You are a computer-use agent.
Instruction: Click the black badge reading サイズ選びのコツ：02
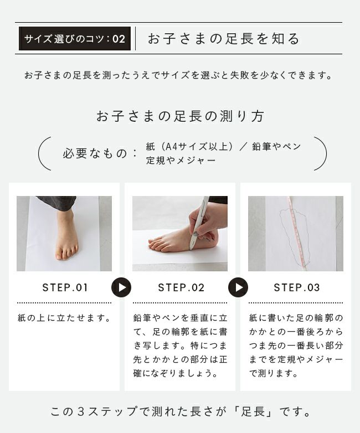75,38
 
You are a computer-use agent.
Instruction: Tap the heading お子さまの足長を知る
224,39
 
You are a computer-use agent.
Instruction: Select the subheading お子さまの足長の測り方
180,116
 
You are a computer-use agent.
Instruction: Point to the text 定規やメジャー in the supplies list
181,160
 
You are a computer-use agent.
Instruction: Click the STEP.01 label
65,288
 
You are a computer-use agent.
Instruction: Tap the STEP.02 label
181,288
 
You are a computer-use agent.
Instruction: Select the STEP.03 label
297,288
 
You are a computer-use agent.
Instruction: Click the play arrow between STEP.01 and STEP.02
121,287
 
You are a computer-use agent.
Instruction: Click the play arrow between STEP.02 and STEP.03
238,287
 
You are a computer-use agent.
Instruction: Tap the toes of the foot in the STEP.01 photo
66,254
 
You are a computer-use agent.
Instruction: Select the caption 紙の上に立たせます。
65,318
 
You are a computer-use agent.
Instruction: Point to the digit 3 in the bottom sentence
80,412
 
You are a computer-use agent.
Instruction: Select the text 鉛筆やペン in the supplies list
276,146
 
